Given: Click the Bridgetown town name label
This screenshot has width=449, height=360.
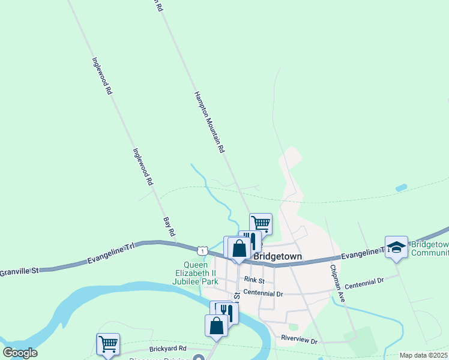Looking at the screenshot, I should pos(277,256).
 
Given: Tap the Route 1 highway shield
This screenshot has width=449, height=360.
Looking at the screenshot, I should pos(203,250).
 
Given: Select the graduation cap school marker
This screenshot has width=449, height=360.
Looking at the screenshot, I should pos(396,247).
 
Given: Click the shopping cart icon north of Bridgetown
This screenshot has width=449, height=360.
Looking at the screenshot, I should pos(261,224).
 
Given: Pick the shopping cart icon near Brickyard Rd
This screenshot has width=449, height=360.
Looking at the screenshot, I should pos(108,344).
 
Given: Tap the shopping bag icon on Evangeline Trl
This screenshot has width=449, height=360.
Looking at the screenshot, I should pos(238,248).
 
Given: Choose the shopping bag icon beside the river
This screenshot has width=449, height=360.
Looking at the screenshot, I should pos(216,326).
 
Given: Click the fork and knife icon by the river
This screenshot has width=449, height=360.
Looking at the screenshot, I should pos(226,311).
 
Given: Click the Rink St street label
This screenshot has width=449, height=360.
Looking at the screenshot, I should pos(255,280).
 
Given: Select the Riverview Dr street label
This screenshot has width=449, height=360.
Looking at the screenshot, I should pos(299,340).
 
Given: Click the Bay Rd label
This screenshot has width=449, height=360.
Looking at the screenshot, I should pos(169,226).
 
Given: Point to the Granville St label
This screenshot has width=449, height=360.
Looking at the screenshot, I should pos(19,272).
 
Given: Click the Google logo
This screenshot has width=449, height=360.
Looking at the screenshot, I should pos(20,353).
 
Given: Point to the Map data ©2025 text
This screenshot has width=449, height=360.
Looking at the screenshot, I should pos(424,355).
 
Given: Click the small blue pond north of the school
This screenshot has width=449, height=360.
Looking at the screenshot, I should pos(400,188).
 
